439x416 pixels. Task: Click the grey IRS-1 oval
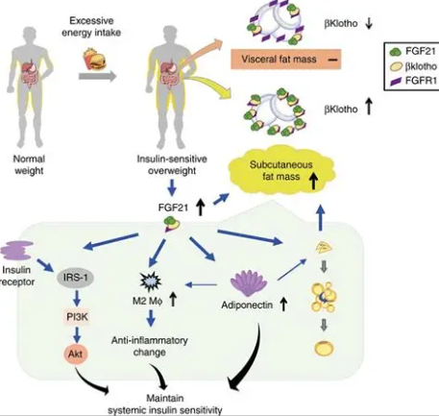pyautogui.click(x=75, y=278)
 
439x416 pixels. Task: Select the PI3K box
pyautogui.click(x=77, y=317)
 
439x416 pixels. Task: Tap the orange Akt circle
pyautogui.click(x=75, y=354)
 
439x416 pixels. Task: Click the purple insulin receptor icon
pyautogui.click(x=16, y=251)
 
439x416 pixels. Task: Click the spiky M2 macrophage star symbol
pyautogui.click(x=151, y=281)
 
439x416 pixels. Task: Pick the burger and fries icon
pyautogui.click(x=94, y=59)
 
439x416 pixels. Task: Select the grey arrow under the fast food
pyautogui.click(x=97, y=77)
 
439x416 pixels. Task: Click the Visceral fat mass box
pyautogui.click(x=286, y=60)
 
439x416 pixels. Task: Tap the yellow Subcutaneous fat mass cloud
pyautogui.click(x=281, y=170)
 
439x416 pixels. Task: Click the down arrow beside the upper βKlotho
pyautogui.click(x=369, y=23)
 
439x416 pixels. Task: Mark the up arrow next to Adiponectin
pyautogui.click(x=283, y=305)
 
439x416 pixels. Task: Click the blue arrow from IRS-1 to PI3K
pyautogui.click(x=77, y=298)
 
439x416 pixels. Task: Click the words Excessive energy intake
pyautogui.click(x=91, y=27)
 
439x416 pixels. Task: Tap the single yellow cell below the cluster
pyautogui.click(x=324, y=349)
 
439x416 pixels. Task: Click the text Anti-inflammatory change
pyautogui.click(x=150, y=346)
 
